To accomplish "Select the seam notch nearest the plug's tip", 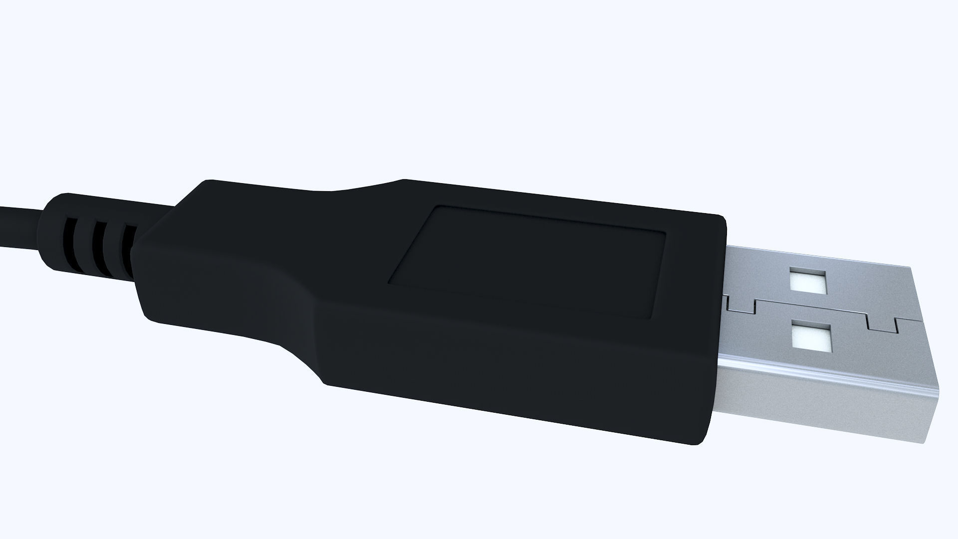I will tap(883, 323).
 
